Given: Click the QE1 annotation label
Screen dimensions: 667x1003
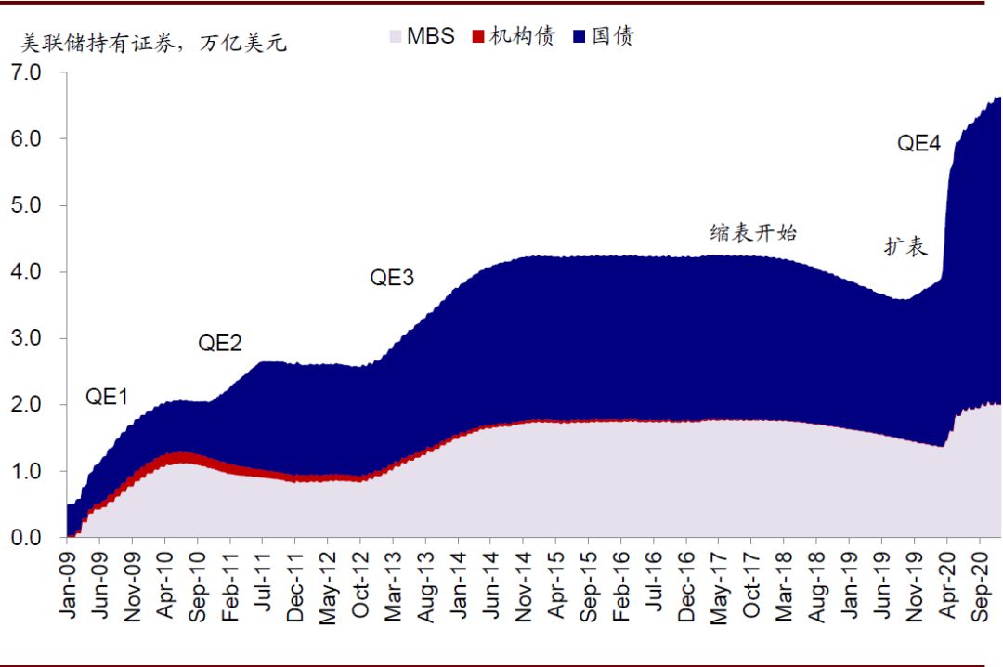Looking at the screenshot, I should tap(107, 398).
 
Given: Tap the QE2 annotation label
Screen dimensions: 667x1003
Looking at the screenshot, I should tap(220, 343).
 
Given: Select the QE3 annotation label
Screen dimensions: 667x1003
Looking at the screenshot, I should tap(392, 277).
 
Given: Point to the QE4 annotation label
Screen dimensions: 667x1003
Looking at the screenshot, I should tap(918, 143).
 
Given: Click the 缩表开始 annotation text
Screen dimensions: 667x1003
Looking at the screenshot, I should tap(753, 232).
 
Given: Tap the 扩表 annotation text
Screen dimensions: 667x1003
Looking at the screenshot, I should tap(905, 247).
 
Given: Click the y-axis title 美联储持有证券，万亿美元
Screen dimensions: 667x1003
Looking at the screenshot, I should tap(154, 43).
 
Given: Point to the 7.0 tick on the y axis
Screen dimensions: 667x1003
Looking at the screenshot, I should tap(28, 72).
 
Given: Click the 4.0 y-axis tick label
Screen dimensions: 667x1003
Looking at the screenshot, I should tap(28, 271).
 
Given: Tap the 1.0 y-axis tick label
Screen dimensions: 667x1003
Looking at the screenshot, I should tap(28, 471).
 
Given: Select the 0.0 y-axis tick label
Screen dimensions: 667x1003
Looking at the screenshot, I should tap(28, 538).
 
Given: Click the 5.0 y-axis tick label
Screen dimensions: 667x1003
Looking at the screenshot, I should tap(28, 204).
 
